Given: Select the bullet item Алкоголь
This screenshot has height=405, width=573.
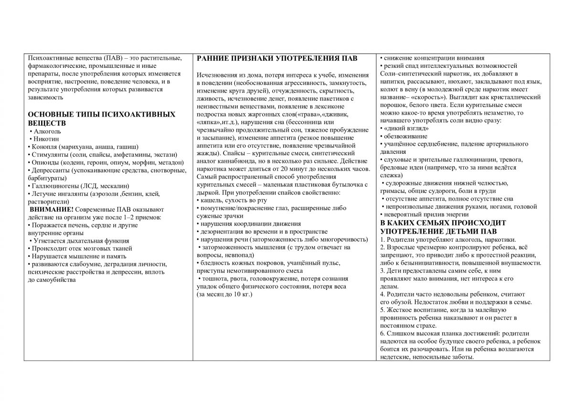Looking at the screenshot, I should (x=48, y=131).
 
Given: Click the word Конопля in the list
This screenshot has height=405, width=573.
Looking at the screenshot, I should (x=43, y=147).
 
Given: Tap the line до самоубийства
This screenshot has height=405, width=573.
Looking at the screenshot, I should (x=53, y=280).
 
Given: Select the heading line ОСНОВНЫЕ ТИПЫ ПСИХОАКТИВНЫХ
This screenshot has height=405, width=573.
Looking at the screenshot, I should (x=102, y=115).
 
